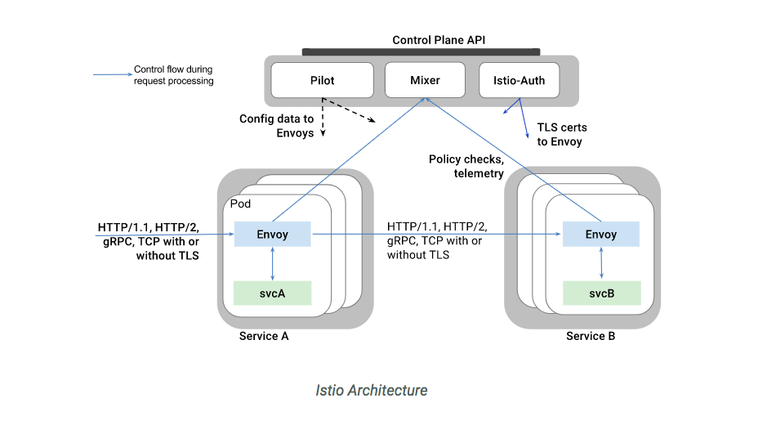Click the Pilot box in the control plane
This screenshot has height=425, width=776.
pos(322,80)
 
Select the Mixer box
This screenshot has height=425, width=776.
pos(424,80)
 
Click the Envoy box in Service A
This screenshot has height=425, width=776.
pos(272,235)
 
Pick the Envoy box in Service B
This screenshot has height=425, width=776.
pos(600,235)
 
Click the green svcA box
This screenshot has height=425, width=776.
pos(272,293)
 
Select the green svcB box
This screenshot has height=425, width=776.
pos(600,293)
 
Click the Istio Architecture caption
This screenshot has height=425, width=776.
pos(371,390)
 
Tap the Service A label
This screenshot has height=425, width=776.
pos(263,336)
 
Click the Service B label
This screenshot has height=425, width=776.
pos(591,336)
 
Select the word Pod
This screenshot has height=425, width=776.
pos(241,204)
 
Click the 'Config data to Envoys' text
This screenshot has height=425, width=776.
pos(276,126)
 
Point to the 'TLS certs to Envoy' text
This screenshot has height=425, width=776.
pos(560,135)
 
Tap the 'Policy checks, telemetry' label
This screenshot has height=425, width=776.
pos(466,166)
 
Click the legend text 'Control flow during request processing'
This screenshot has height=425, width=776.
pos(173,75)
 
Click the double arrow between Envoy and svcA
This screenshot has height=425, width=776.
pos(272,264)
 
